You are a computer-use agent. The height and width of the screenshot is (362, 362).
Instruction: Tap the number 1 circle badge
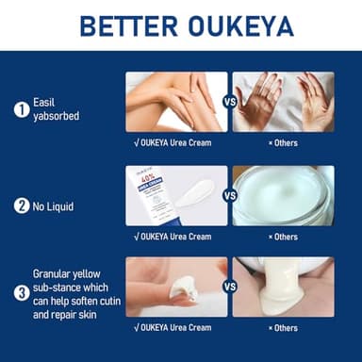[x=21, y=109]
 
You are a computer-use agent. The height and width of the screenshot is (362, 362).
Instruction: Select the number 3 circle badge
[x=21, y=292]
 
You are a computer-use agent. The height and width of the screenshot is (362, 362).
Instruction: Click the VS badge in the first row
[x=229, y=102]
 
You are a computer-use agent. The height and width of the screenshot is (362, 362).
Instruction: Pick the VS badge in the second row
[x=229, y=196]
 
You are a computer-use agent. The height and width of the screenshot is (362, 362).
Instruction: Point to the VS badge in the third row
[x=229, y=286]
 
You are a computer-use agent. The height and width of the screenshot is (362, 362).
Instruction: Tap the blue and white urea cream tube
[x=153, y=195]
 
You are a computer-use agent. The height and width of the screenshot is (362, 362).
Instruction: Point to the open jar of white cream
[x=283, y=196]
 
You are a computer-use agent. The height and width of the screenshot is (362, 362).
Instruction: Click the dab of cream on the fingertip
[x=183, y=292]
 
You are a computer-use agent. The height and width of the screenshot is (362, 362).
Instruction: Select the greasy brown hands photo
[x=283, y=102]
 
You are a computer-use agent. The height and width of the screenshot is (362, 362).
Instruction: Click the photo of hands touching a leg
[x=176, y=102]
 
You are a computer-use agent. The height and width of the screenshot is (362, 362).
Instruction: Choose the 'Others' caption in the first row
[x=283, y=143]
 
